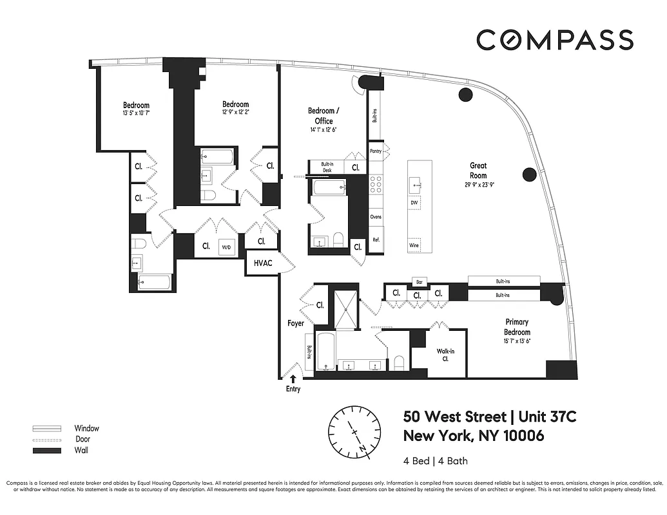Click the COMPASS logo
[x=554, y=40]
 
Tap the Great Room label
[x=478, y=171]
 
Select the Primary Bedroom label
[x=517, y=326]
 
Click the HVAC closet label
[x=263, y=263]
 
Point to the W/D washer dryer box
[x=226, y=246]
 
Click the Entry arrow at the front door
[x=294, y=380]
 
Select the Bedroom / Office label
[x=324, y=116]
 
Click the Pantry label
[x=376, y=151]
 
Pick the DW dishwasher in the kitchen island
[x=414, y=203]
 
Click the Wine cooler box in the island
[x=414, y=245]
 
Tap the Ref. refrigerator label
[x=376, y=240]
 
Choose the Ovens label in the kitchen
[x=376, y=217]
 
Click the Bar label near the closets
[x=419, y=282]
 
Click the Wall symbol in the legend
[x=46, y=451]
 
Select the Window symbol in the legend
[x=46, y=428]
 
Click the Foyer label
[x=295, y=323]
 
